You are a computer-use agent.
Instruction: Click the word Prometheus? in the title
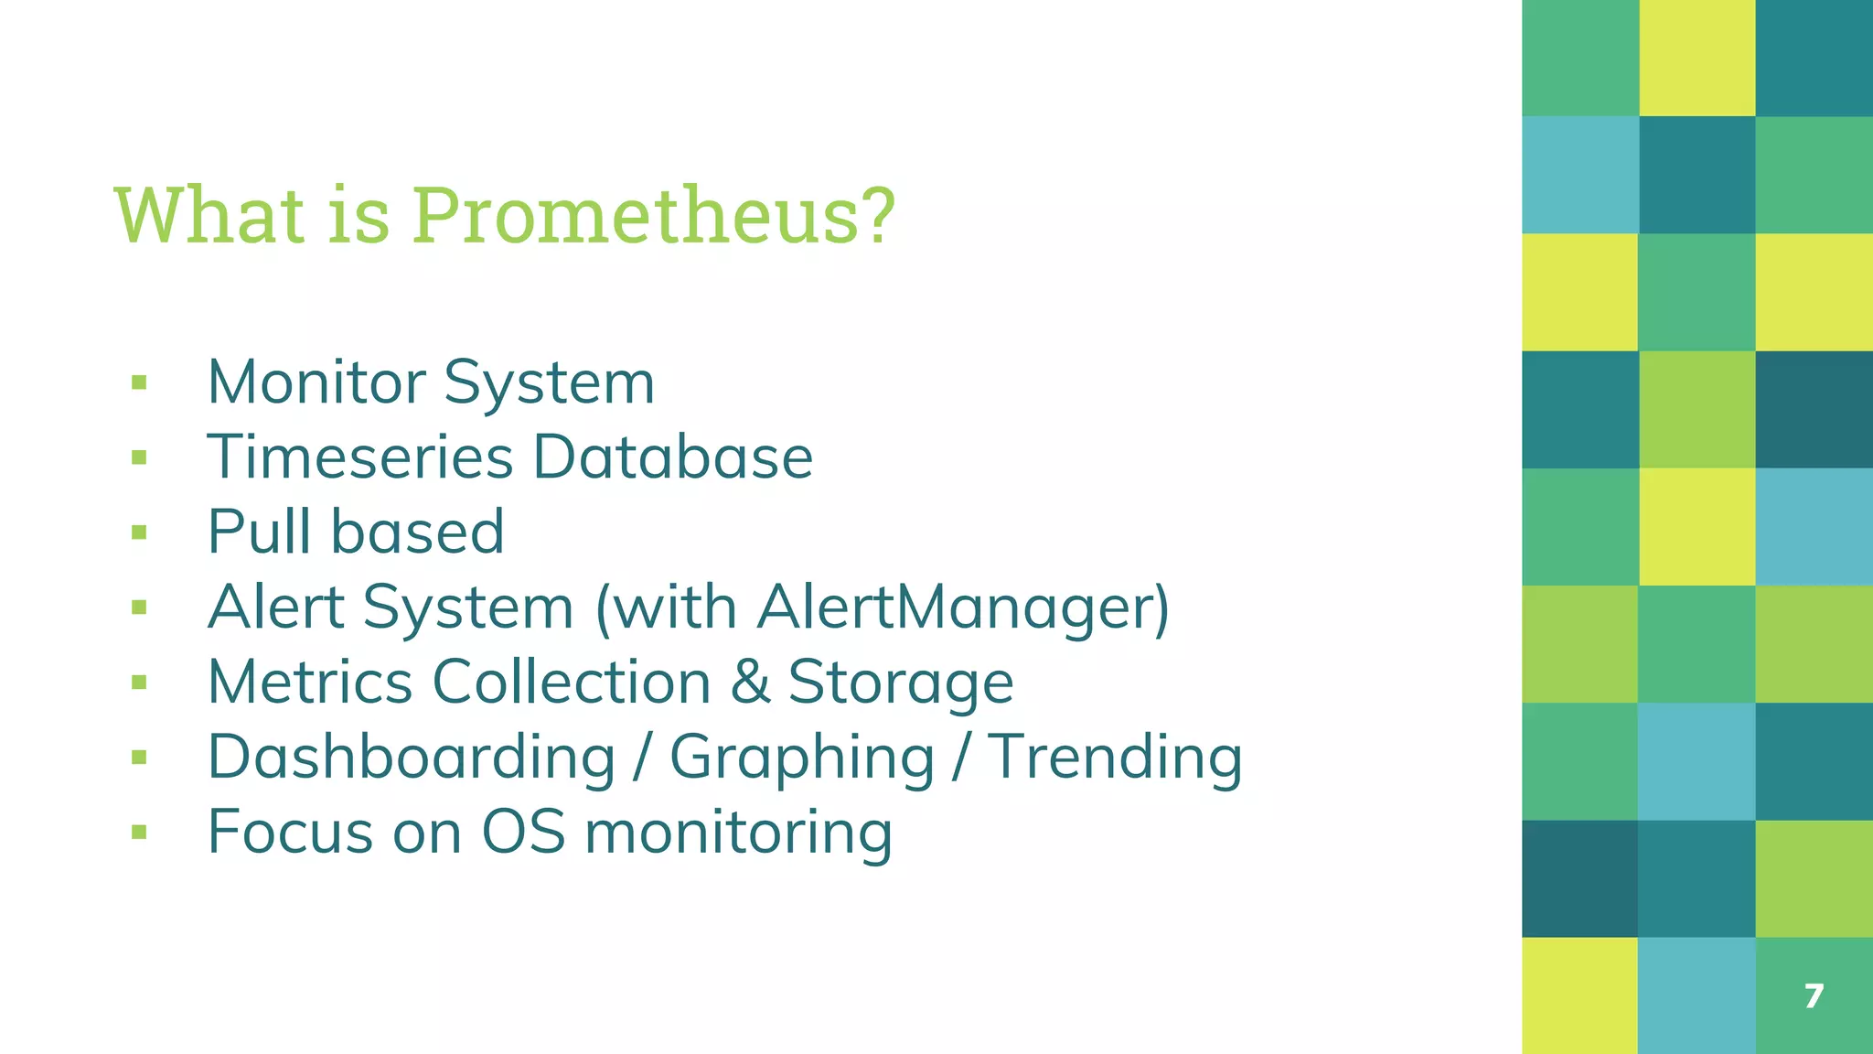653,216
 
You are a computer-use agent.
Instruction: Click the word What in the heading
209,216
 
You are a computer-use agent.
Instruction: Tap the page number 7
1814,995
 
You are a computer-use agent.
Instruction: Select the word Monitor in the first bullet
316,382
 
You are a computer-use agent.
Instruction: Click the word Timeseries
360,457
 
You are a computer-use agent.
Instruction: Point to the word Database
673,457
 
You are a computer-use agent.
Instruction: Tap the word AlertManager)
963,608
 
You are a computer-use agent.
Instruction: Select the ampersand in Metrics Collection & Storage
750,683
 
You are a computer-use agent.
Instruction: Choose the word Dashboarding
412,758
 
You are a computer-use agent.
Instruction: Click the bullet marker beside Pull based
139,532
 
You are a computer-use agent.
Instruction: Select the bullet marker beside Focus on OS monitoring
139,833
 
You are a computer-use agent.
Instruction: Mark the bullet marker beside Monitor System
139,382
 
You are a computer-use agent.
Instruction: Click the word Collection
572,683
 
